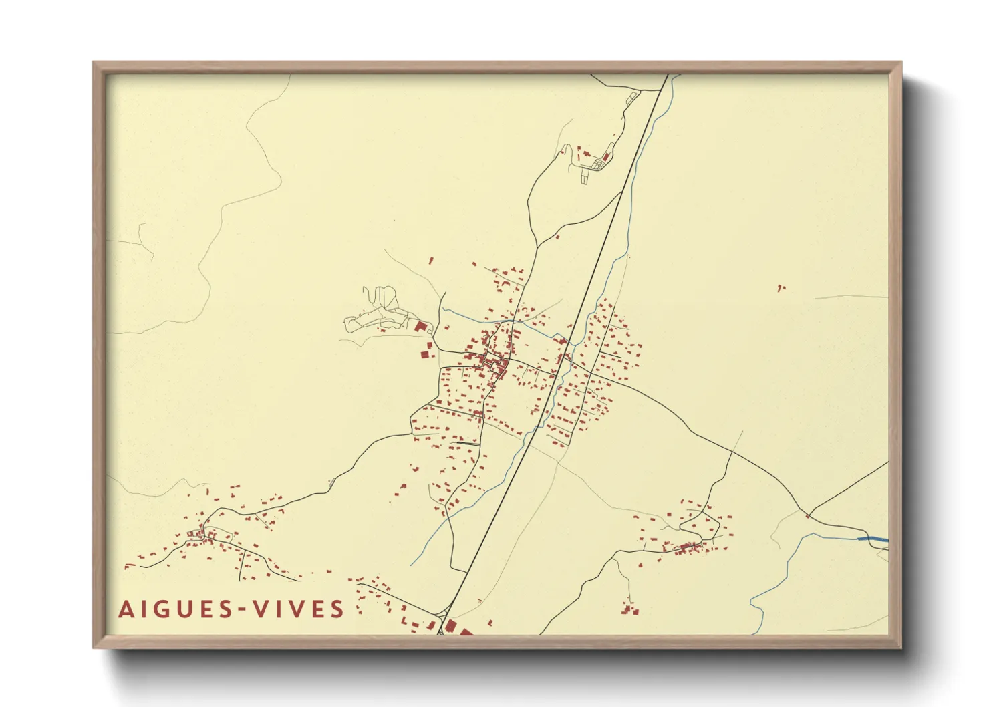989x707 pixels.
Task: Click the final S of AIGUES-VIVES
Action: (337, 609)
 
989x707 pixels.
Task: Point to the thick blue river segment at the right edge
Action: (873, 539)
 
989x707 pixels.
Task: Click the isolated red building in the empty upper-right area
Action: (780, 288)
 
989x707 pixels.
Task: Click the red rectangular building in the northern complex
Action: (606, 156)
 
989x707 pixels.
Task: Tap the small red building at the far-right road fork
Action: (807, 515)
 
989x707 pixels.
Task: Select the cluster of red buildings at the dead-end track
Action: (629, 609)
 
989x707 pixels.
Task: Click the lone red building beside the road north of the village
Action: (557, 237)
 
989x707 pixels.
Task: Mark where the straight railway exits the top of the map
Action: (667, 76)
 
